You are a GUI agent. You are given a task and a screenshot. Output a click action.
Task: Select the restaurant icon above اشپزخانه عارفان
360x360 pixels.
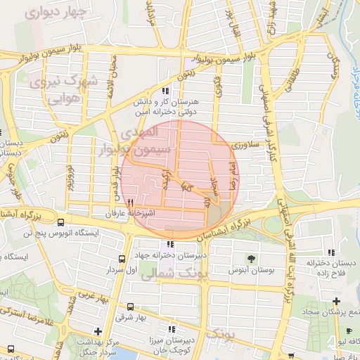[130, 202]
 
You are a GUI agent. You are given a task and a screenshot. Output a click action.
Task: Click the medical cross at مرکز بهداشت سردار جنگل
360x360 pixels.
[97, 330]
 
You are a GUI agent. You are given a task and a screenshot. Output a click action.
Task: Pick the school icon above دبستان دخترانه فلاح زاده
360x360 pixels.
[329, 252]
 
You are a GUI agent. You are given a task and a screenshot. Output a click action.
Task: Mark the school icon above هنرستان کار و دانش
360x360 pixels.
[165, 91]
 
